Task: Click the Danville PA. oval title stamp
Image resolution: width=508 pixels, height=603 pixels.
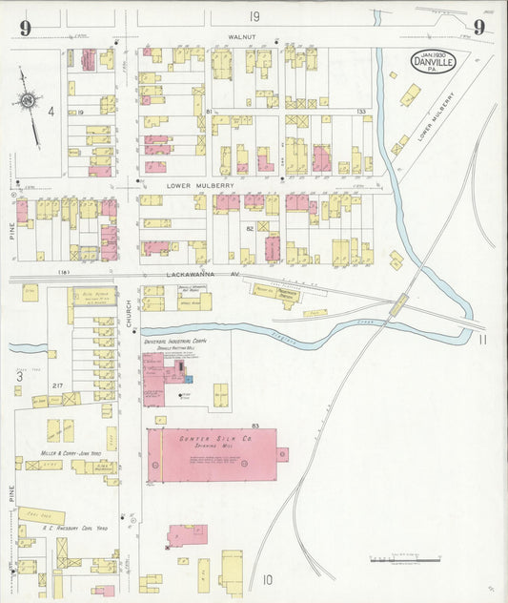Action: pos(434,62)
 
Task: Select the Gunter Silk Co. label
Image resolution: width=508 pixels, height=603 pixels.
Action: pos(211,437)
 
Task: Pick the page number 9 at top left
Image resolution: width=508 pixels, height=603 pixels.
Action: pos(25,27)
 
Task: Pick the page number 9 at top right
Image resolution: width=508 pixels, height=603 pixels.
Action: pos(478,27)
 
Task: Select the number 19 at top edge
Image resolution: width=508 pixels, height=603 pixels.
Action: pos(254,16)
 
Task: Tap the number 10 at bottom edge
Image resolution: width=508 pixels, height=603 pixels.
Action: pos(268,579)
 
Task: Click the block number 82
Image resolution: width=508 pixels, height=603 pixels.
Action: pos(251,229)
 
